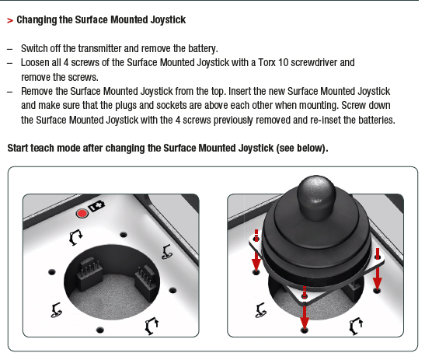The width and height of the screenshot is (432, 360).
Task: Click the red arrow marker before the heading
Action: (x=10, y=20)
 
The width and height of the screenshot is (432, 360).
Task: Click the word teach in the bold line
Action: (x=43, y=148)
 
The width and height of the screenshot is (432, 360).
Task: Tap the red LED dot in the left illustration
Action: (x=82, y=213)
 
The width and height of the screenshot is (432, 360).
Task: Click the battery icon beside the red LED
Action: (x=96, y=206)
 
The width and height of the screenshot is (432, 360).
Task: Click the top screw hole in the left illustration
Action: (x=124, y=235)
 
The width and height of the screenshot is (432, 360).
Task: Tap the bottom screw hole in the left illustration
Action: (x=99, y=330)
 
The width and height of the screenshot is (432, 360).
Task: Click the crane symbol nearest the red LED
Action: (x=75, y=237)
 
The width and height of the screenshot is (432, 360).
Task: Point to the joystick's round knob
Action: (x=316, y=197)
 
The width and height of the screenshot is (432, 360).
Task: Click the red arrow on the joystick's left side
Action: (x=256, y=251)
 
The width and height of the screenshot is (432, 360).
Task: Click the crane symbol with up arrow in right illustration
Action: (x=356, y=326)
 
